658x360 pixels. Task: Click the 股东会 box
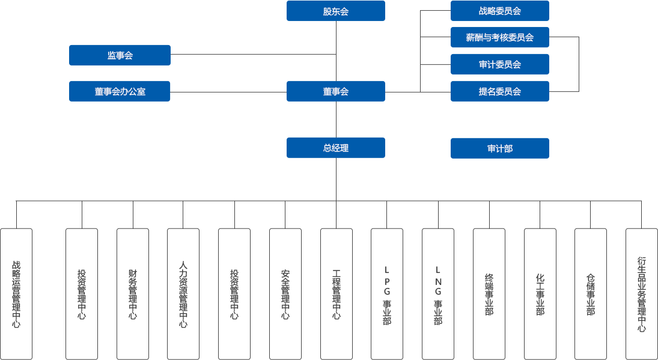[x=335, y=11]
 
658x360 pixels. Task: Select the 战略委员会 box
[x=499, y=11]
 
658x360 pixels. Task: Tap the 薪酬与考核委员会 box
[x=499, y=37]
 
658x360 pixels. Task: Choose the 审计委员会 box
[x=499, y=64]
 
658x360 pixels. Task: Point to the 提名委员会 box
[x=499, y=91]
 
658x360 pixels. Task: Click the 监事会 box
[x=120, y=55]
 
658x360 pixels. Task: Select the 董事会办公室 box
[x=120, y=91]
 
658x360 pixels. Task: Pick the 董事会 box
[x=335, y=91]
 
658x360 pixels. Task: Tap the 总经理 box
[x=335, y=148]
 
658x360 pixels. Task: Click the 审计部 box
[x=499, y=148]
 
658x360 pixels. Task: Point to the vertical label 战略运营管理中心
[x=16, y=294]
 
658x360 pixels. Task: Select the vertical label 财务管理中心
[x=132, y=294]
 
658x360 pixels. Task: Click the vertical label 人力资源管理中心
[x=183, y=294]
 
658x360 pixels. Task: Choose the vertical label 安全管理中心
[x=285, y=294]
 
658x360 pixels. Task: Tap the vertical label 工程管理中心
[x=336, y=294]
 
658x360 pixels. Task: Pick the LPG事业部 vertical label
[x=387, y=294]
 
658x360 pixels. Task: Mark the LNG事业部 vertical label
[x=437, y=294]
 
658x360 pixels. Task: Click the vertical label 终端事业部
[x=489, y=294]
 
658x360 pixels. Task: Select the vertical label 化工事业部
[x=540, y=294]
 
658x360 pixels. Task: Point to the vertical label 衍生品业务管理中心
[x=641, y=294]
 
